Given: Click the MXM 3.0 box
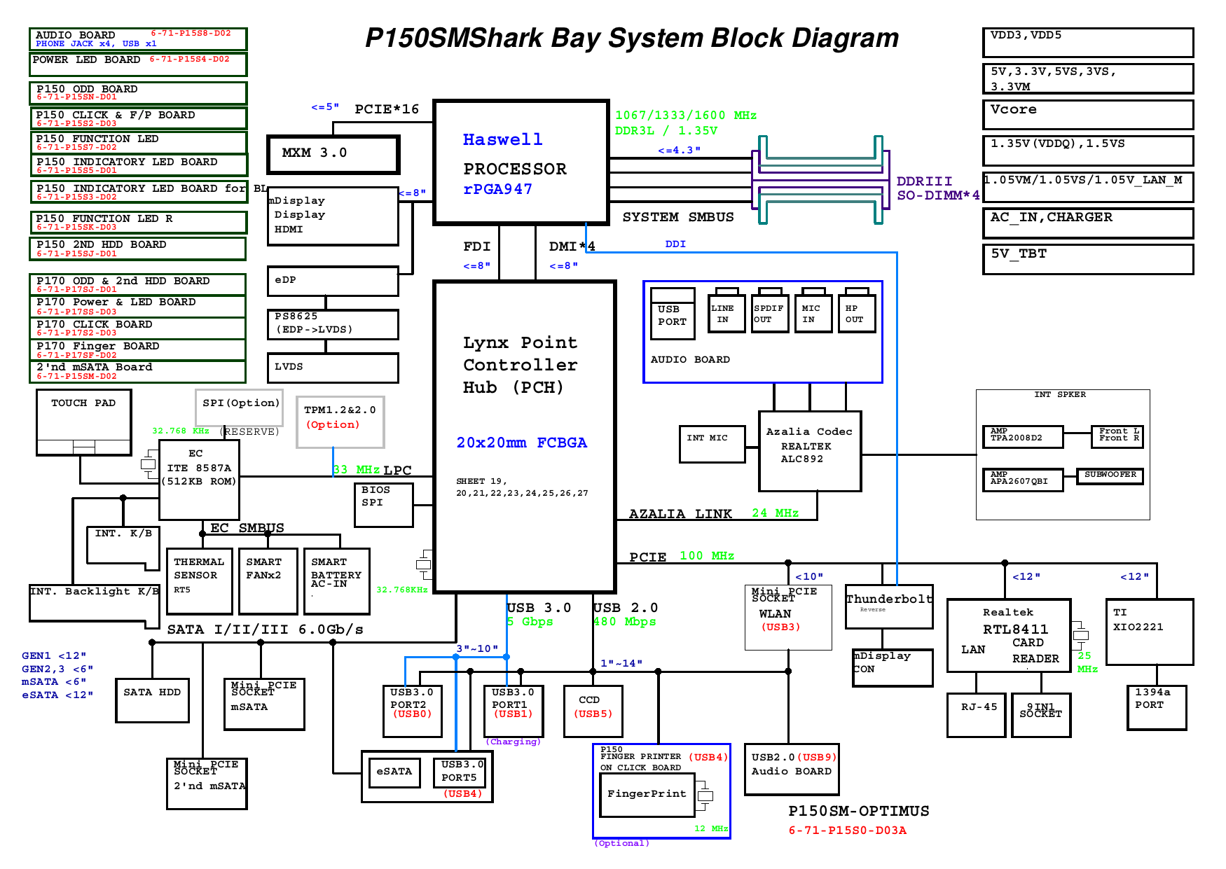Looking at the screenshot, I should pos(333,154).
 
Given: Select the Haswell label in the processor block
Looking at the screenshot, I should pos(502,140).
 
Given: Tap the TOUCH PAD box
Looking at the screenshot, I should pos(83,422).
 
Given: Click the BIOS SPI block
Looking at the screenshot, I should pos(384,505).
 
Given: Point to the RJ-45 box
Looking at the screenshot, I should pos(976,715).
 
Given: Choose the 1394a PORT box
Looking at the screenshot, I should pos(1156,707).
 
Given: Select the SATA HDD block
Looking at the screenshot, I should pos(152,700).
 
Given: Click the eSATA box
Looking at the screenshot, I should pos(394,772).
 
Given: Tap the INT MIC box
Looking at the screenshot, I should pos(712,444).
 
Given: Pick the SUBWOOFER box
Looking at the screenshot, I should pos(1110,476).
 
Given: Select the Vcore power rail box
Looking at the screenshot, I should pos(1087,114).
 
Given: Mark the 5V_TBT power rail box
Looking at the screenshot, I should pos(1087,259).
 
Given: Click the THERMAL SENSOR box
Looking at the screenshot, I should pos(199,581).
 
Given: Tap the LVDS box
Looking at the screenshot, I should pos(333,368).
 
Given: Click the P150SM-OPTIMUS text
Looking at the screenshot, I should pos(858,811).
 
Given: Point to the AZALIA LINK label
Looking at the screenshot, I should pos(680,514).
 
